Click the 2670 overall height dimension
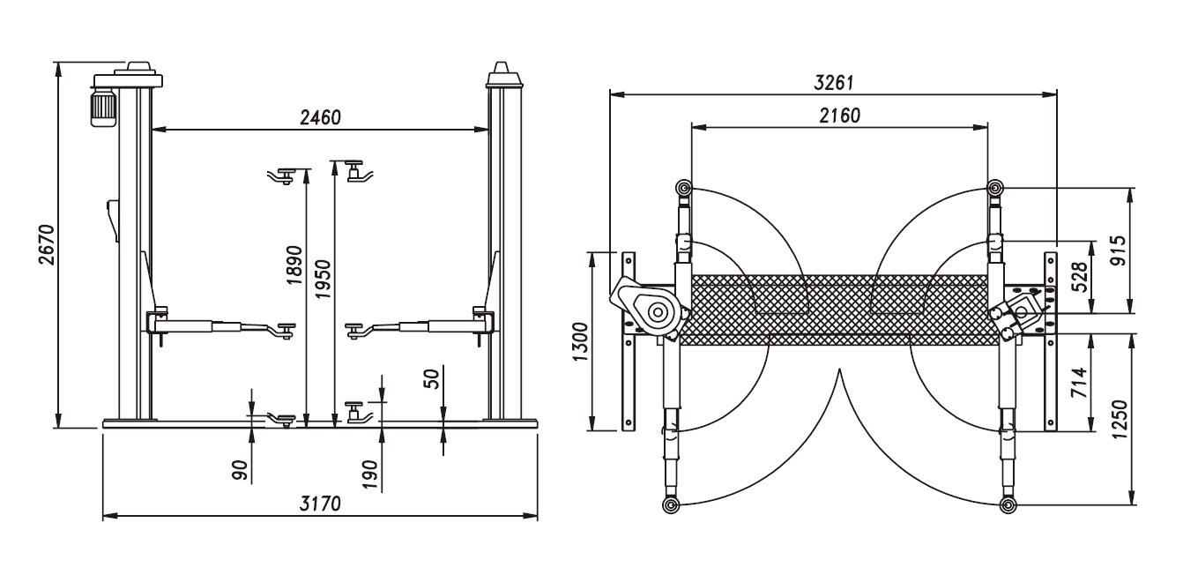(x=47, y=244)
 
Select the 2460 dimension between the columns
(x=321, y=117)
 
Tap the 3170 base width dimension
(x=320, y=504)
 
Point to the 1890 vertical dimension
(x=294, y=265)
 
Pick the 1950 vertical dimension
(x=322, y=279)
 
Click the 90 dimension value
(x=240, y=470)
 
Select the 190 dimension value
(x=371, y=474)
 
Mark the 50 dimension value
(x=431, y=379)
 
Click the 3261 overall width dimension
(x=833, y=83)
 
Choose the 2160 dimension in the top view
(x=840, y=116)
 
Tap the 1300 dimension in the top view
(x=580, y=342)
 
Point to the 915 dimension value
(x=1118, y=250)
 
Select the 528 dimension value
(x=1081, y=277)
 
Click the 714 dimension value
(x=1079, y=383)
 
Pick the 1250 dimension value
(x=1120, y=419)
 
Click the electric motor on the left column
(x=103, y=108)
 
